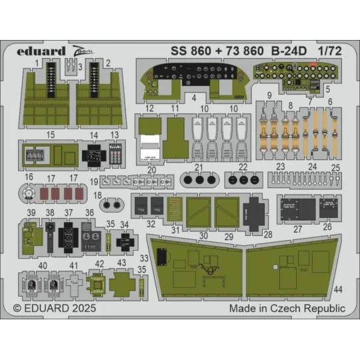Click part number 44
click(x=339, y=289)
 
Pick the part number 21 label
click(x=197, y=166)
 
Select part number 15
click(x=51, y=134)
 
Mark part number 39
click(x=31, y=212)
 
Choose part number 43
click(x=121, y=263)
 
